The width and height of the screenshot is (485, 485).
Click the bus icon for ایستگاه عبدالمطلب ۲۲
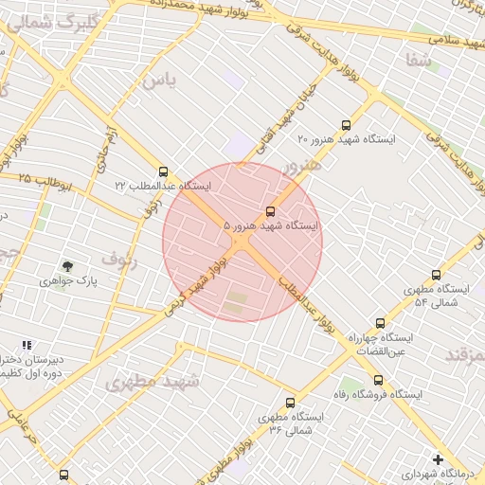[x=164, y=171]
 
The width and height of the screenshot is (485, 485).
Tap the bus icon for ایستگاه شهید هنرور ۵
[x=271, y=210]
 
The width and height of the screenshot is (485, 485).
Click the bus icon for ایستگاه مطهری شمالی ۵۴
[x=436, y=275]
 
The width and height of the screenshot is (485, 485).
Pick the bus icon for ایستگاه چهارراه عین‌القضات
[x=381, y=323]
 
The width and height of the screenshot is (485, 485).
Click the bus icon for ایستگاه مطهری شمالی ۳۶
[x=290, y=403]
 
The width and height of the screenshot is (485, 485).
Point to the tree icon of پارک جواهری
[x=67, y=267]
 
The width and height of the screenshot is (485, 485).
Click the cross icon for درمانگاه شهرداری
[x=437, y=458]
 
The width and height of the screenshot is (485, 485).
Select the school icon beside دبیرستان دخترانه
[x=27, y=346]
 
